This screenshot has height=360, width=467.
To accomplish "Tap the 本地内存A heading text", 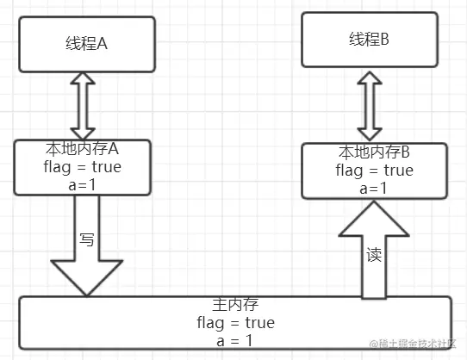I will pos(84,149).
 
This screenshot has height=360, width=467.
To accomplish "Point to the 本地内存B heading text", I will pos(374,153).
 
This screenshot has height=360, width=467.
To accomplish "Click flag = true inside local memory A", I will pos(84,166).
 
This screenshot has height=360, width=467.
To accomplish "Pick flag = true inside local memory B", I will pos(374,171).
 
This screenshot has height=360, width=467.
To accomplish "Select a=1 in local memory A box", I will pos(84,183).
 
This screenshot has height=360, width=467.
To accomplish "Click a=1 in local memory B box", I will pos(374,188).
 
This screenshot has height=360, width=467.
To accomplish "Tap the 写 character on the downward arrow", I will pos(86,239).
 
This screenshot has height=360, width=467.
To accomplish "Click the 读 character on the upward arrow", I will pos(373,256).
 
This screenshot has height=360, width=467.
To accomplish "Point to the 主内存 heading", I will pos(235,306).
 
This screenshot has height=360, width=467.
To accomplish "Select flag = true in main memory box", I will pos(235,323).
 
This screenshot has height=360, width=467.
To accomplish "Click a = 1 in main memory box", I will pos(235,340).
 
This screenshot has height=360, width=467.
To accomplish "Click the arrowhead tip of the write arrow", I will pos(87,293).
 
